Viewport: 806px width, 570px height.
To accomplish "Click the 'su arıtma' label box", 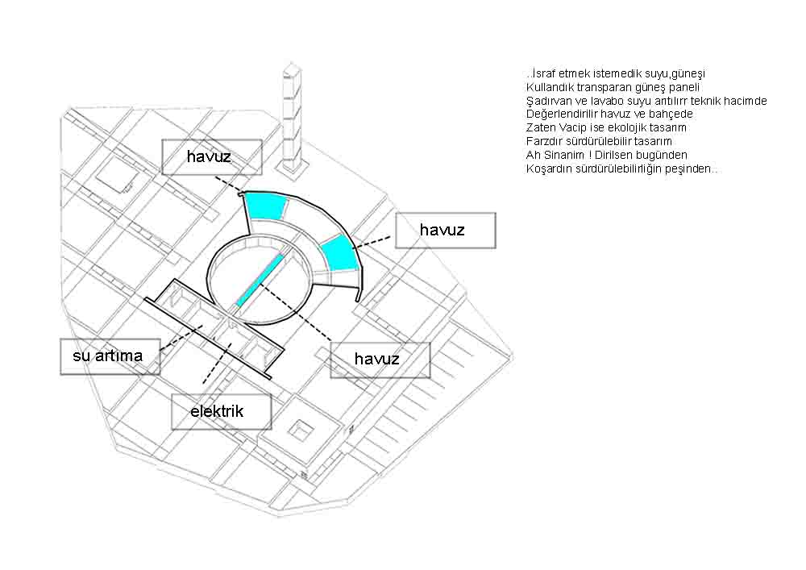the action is (x=110, y=356).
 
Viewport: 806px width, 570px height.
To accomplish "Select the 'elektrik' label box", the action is (x=221, y=411).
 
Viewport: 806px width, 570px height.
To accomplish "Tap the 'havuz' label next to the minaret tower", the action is (x=212, y=156).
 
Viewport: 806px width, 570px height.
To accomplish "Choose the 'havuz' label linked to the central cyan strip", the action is (x=380, y=360).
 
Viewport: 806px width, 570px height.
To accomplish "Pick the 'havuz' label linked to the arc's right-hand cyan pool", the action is (x=445, y=231).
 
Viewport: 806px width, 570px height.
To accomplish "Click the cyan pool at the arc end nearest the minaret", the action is (x=265, y=206).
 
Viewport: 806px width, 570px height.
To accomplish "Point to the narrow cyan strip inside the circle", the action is (x=260, y=280).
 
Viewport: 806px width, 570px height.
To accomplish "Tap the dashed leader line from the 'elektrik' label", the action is (x=216, y=363).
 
